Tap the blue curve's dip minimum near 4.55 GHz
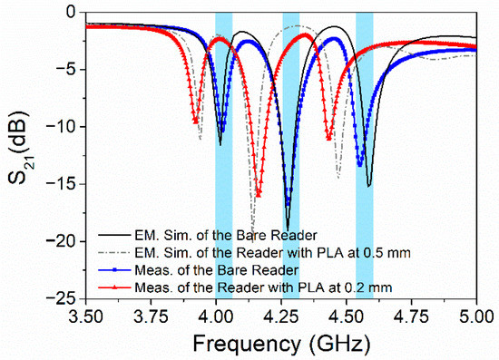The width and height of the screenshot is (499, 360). point(360,164)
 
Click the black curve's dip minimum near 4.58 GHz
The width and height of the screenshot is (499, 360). point(368,186)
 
